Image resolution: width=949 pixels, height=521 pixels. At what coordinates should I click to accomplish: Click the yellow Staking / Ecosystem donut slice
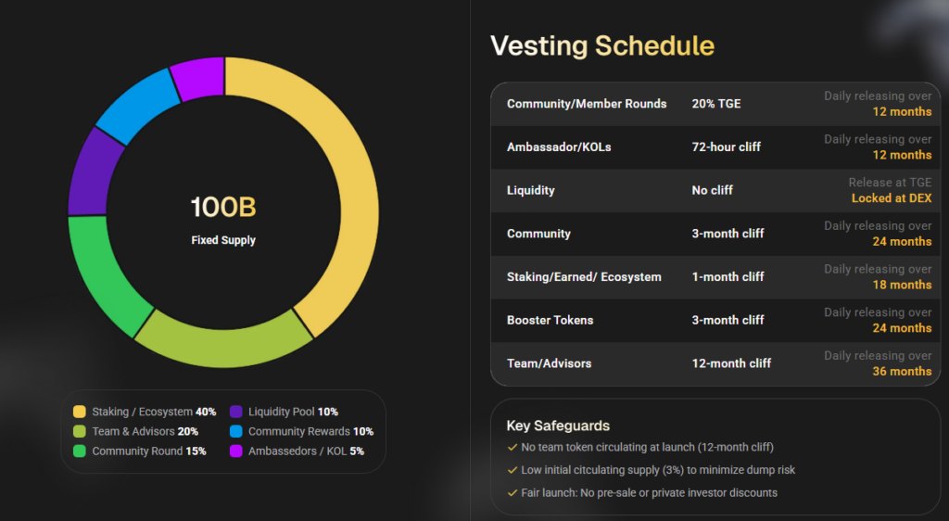click(x=348, y=185)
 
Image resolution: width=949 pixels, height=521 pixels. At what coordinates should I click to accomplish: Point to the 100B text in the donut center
click(x=223, y=208)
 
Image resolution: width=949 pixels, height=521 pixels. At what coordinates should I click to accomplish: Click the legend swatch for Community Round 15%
click(x=80, y=451)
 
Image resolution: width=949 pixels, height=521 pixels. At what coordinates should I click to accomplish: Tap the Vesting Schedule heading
click(x=601, y=45)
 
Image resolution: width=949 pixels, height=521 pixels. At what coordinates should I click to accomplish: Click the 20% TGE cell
click(x=716, y=104)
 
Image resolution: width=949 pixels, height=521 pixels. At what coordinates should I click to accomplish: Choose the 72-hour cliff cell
click(x=726, y=146)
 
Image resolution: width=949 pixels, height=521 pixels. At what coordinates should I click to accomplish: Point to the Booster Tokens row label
click(x=550, y=320)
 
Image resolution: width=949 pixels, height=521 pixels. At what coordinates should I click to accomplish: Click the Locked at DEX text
click(x=892, y=198)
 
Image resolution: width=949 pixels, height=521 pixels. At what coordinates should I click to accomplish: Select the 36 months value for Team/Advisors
click(x=902, y=371)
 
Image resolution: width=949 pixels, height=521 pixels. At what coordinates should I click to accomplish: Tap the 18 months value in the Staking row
click(x=902, y=285)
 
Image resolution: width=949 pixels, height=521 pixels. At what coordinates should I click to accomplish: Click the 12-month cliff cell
click(x=731, y=363)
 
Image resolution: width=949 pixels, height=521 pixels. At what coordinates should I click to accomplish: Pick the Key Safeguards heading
click(x=558, y=426)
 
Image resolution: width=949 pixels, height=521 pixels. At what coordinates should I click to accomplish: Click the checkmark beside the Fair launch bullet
click(x=512, y=493)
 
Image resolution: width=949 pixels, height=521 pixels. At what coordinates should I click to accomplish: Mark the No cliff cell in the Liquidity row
click(x=712, y=190)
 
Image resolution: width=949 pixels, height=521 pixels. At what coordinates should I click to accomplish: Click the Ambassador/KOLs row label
click(x=559, y=146)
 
